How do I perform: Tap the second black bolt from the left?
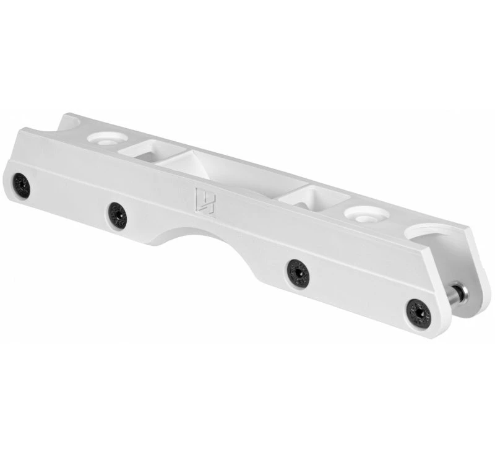tap(117, 215)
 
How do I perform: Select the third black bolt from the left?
tap(298, 272)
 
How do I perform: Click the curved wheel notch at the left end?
tap(70, 123)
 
